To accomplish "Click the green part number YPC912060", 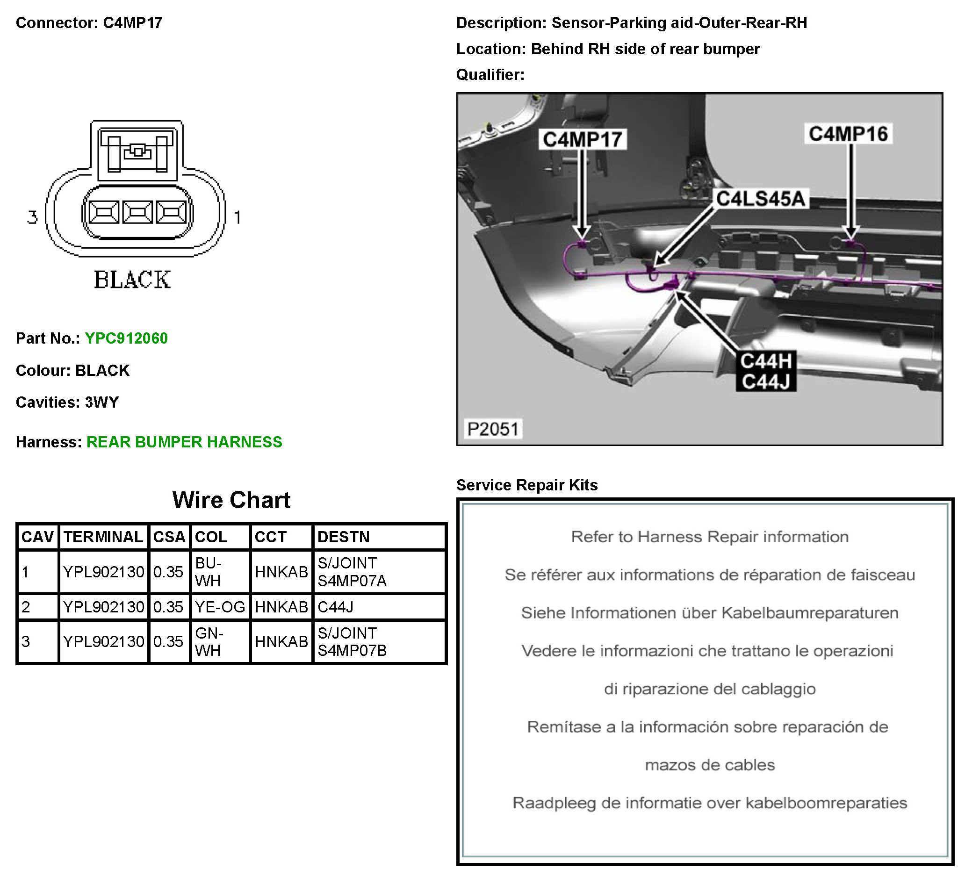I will (x=126, y=338).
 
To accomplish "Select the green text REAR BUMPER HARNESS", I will (x=184, y=442).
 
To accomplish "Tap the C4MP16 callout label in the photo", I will (x=848, y=134).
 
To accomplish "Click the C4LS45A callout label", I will (x=760, y=199).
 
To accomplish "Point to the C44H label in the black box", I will (x=766, y=361).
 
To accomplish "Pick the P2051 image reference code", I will (x=493, y=429).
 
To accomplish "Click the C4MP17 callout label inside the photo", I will (x=582, y=140).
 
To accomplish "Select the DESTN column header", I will (x=343, y=537).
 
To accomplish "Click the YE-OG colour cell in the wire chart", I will (x=220, y=607).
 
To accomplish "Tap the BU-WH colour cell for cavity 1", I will (x=209, y=572).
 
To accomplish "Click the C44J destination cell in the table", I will (x=336, y=607).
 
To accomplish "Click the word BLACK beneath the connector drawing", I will (x=132, y=280).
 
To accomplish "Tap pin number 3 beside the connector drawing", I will (x=32, y=217).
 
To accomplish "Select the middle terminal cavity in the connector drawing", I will (x=137, y=212).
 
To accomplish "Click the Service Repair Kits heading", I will (x=526, y=485).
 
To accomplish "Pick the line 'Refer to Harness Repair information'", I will (x=709, y=537).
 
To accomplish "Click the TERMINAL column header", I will (x=103, y=537).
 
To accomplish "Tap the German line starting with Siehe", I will (x=709, y=613).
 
